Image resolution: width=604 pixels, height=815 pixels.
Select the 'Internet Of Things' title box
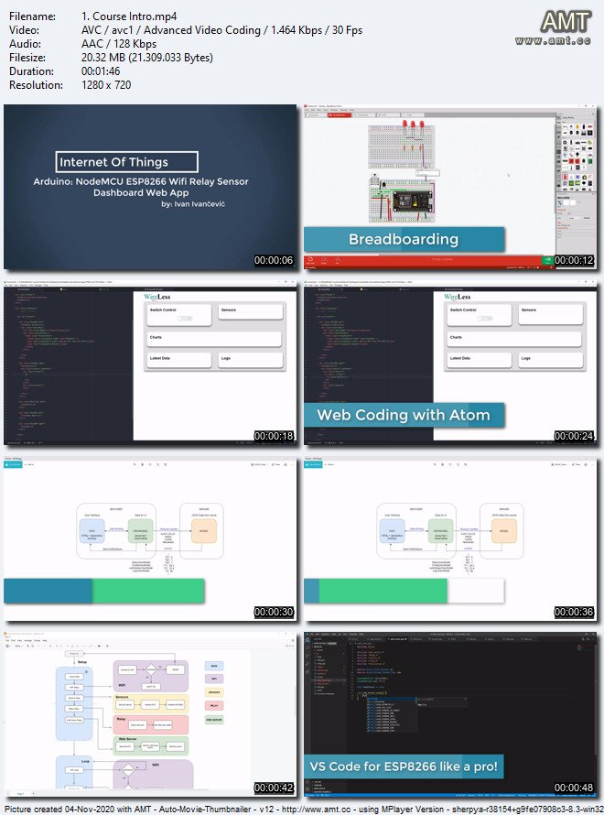(125, 162)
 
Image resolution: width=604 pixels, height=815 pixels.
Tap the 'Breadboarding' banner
(404, 240)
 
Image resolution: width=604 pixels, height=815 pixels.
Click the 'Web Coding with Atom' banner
(404, 415)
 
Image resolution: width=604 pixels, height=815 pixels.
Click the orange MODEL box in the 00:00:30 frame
(204, 533)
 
